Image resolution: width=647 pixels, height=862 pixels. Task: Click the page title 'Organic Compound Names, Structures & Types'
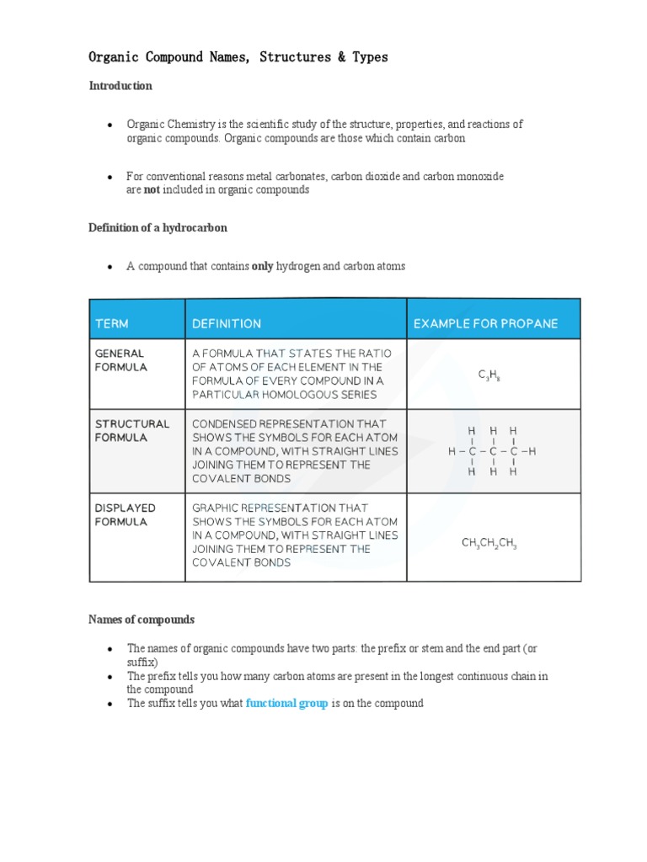coord(238,57)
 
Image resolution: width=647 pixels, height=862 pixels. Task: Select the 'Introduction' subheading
coord(120,86)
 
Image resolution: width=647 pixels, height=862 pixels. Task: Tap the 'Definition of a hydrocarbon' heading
coord(158,228)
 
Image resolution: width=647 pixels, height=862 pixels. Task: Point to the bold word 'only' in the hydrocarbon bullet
coord(263,266)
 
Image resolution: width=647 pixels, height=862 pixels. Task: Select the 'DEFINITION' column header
coord(227,323)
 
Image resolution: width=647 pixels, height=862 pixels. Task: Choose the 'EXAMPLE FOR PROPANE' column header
coord(485,323)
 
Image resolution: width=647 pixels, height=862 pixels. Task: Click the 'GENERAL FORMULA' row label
coord(120,360)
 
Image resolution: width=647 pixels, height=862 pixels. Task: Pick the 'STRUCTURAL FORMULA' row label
coord(131,431)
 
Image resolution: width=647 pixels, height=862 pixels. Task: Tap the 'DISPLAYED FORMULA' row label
coord(126,515)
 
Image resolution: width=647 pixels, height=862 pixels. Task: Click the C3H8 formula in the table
coord(489,375)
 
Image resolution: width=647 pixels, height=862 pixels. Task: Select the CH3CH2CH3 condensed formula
coord(489,544)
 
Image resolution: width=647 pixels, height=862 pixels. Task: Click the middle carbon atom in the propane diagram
coord(493,451)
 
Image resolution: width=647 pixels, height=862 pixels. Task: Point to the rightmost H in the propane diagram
coord(532,451)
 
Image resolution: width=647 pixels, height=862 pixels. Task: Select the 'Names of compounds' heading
coord(142,620)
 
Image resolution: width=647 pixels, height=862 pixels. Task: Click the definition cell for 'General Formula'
coord(295,374)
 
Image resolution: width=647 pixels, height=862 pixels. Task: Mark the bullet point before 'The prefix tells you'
coord(110,677)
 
